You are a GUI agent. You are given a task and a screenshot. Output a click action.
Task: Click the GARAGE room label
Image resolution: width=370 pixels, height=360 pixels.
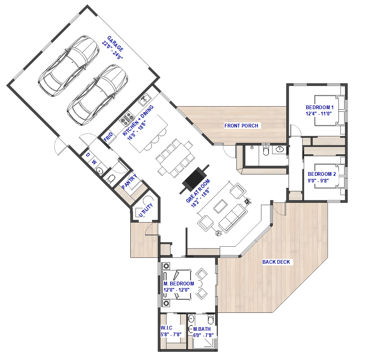[x=116, y=44]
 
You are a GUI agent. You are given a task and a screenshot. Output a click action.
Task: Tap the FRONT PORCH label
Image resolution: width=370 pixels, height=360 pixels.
[x=241, y=126]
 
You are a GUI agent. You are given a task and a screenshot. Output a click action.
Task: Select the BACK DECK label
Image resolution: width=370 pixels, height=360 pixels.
[x=276, y=262]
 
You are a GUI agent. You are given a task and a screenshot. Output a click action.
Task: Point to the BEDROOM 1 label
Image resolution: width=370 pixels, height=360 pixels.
[x=320, y=107]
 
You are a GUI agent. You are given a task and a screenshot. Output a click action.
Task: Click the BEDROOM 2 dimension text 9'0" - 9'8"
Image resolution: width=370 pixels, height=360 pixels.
[x=318, y=180]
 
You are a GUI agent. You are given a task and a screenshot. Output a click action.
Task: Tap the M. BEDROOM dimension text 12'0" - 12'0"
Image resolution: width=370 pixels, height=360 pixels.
[x=176, y=290]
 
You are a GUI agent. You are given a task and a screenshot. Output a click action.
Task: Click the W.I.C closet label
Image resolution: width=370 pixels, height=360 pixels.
[x=166, y=327]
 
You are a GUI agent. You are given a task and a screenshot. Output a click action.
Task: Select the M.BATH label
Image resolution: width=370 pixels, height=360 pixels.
[x=202, y=329]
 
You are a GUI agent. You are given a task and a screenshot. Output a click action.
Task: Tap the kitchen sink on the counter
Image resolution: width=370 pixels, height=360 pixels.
[x=144, y=100]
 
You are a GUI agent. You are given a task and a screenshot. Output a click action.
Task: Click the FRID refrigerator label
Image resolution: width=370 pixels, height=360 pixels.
[x=108, y=137]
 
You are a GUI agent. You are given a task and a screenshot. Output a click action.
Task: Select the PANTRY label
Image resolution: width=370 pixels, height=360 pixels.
[x=129, y=181]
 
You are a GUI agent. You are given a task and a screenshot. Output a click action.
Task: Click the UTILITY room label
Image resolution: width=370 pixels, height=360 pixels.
[x=146, y=210]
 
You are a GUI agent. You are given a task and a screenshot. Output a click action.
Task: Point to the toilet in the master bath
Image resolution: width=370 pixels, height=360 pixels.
[x=211, y=319]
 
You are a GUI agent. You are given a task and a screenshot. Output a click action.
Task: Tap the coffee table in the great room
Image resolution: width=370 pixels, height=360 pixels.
[x=220, y=206]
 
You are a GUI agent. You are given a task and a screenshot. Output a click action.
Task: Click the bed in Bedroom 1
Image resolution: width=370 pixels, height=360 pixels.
[x=330, y=110]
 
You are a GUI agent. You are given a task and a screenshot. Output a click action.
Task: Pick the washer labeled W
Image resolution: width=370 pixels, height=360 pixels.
[x=94, y=162]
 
